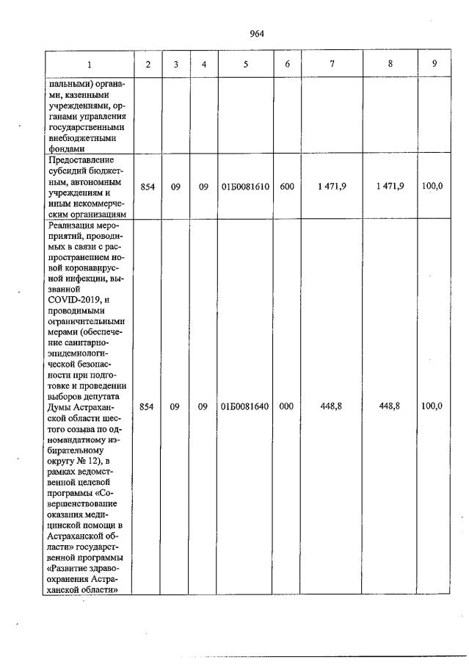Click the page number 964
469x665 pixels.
pyautogui.click(x=256, y=34)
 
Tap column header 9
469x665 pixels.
pyautogui.click(x=435, y=64)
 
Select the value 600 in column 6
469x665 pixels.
pyautogui.click(x=287, y=187)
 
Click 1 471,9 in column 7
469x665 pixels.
pyautogui.click(x=332, y=187)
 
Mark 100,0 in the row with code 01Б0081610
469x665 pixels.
pyautogui.click(x=432, y=187)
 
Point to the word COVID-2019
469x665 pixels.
pyautogui.click(x=74, y=300)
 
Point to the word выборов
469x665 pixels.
pyautogui.click(x=66, y=395)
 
